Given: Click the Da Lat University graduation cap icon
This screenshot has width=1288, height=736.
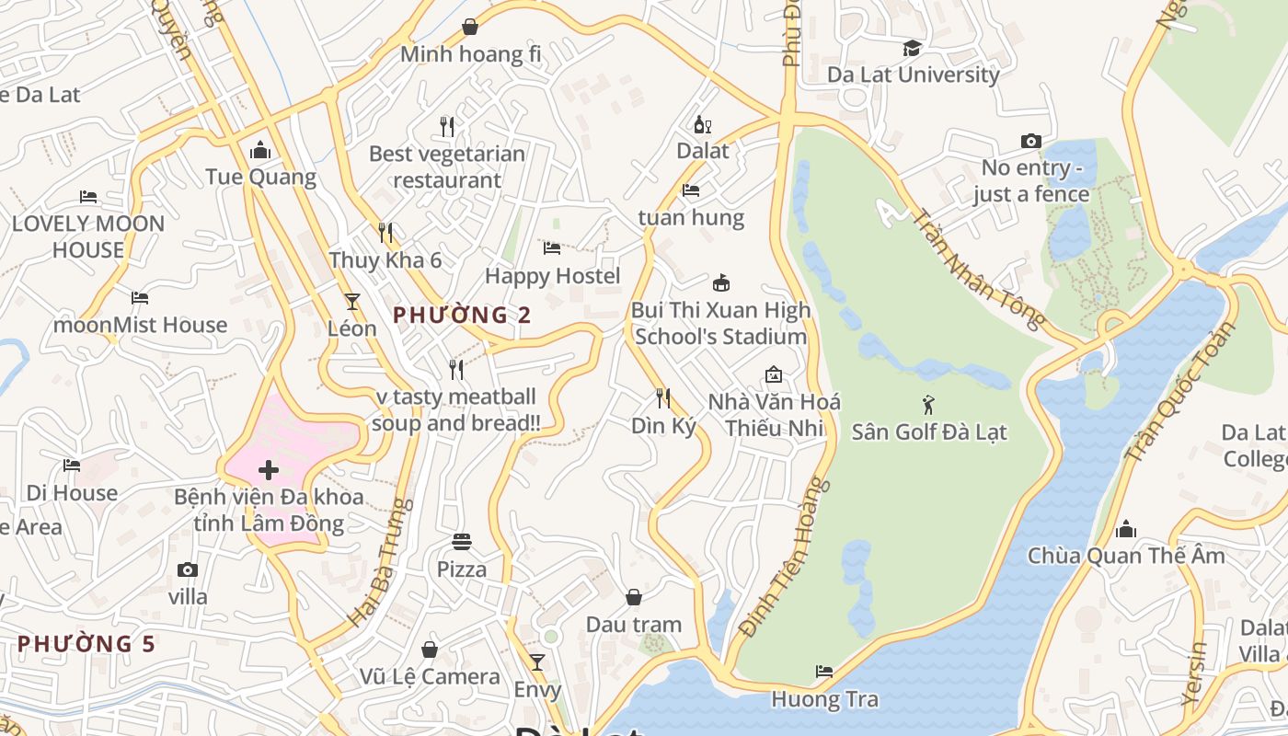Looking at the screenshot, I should click(912, 48).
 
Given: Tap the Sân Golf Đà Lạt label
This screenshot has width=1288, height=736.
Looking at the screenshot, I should click(929, 431).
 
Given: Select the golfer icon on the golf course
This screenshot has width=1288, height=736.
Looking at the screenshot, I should click(928, 404).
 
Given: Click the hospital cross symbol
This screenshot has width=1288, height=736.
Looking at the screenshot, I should click(269, 471).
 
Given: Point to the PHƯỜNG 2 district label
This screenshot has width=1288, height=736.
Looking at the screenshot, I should click(462, 315).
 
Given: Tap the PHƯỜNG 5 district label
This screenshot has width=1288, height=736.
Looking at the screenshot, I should click(86, 643).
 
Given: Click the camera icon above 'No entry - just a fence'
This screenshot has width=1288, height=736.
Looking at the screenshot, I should click(1031, 142).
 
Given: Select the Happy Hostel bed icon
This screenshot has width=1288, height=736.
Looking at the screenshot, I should click(552, 248).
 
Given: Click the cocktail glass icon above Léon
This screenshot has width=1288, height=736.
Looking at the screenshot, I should click(351, 301).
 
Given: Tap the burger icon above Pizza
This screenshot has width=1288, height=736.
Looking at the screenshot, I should click(461, 542).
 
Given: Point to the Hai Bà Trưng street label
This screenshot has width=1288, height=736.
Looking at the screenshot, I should click(377, 563).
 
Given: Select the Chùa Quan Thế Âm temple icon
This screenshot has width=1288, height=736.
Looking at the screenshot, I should click(1126, 529).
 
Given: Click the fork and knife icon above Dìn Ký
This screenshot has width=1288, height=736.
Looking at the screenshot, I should click(662, 397).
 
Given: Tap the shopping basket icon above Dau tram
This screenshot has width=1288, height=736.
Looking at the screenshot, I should click(634, 598).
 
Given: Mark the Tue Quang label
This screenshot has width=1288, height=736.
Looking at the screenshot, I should click(260, 177).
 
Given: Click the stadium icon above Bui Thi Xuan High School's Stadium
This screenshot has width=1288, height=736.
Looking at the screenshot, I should click(721, 282).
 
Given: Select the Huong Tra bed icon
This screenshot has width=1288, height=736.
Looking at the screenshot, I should click(824, 672).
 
